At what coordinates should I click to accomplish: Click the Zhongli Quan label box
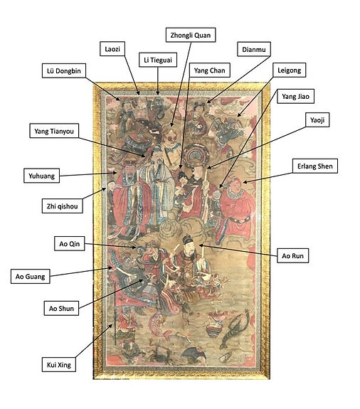point(191,35)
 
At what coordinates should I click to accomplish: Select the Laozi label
point(112,49)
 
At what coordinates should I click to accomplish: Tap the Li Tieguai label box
point(158,60)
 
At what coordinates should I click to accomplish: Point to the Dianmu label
point(254,49)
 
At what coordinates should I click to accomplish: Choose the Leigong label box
point(289,70)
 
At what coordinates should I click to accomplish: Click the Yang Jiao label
point(295,96)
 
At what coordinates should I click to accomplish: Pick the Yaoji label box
point(317,120)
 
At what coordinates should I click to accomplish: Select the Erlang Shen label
point(315,166)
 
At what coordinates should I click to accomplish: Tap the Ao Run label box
point(292,255)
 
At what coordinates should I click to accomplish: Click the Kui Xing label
point(59,364)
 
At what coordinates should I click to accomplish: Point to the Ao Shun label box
point(61,308)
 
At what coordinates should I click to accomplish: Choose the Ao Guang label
point(31,276)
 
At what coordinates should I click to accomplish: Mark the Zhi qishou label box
point(63,206)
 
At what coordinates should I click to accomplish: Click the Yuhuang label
point(42,176)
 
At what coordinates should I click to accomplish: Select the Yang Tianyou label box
point(54,131)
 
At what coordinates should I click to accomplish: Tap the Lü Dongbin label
point(64,70)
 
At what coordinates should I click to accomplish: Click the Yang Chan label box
point(209,70)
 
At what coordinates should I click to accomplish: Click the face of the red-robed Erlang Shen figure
point(235,185)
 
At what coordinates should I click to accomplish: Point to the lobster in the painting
point(233,329)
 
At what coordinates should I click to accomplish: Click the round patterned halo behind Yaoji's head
point(195,154)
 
